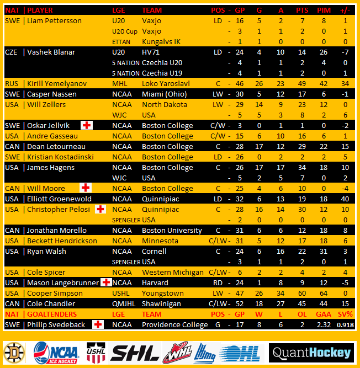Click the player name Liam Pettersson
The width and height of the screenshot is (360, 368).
coord(54,21)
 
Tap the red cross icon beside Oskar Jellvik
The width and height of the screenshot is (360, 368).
coord(86,125)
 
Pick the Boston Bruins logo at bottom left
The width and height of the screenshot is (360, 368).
coord(14,353)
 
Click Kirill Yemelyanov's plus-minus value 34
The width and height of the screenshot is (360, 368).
coord(345,84)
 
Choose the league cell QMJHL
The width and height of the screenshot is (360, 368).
coord(123,304)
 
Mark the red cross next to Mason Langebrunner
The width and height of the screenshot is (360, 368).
coord(106,282)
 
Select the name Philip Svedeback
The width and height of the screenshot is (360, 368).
coord(56,325)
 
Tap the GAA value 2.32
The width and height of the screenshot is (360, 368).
coord(324,325)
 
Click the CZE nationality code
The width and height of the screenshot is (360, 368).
coord(12,52)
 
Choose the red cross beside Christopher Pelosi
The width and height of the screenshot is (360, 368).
coord(100,209)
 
